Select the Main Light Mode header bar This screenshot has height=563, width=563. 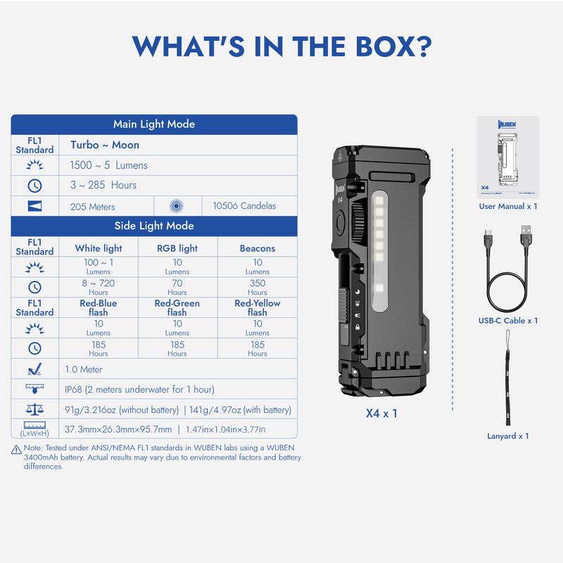(153, 125)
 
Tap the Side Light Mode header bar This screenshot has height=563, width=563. (153, 226)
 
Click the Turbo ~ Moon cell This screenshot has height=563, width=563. (105, 145)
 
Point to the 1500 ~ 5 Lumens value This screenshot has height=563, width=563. (109, 165)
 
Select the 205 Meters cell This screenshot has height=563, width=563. (93, 206)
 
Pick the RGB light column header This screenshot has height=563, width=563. (177, 248)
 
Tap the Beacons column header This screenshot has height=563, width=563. (257, 248)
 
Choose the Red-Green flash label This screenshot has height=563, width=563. (177, 308)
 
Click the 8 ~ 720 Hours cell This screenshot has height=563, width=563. (98, 286)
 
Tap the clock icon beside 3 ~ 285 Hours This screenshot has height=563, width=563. (34, 186)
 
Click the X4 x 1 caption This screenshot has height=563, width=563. (381, 414)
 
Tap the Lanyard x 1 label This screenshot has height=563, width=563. (507, 436)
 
